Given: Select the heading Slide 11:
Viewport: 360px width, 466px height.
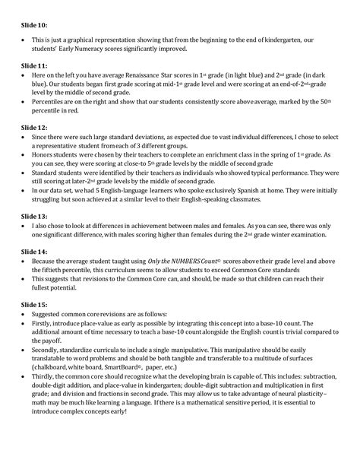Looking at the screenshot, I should coord(33,67).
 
